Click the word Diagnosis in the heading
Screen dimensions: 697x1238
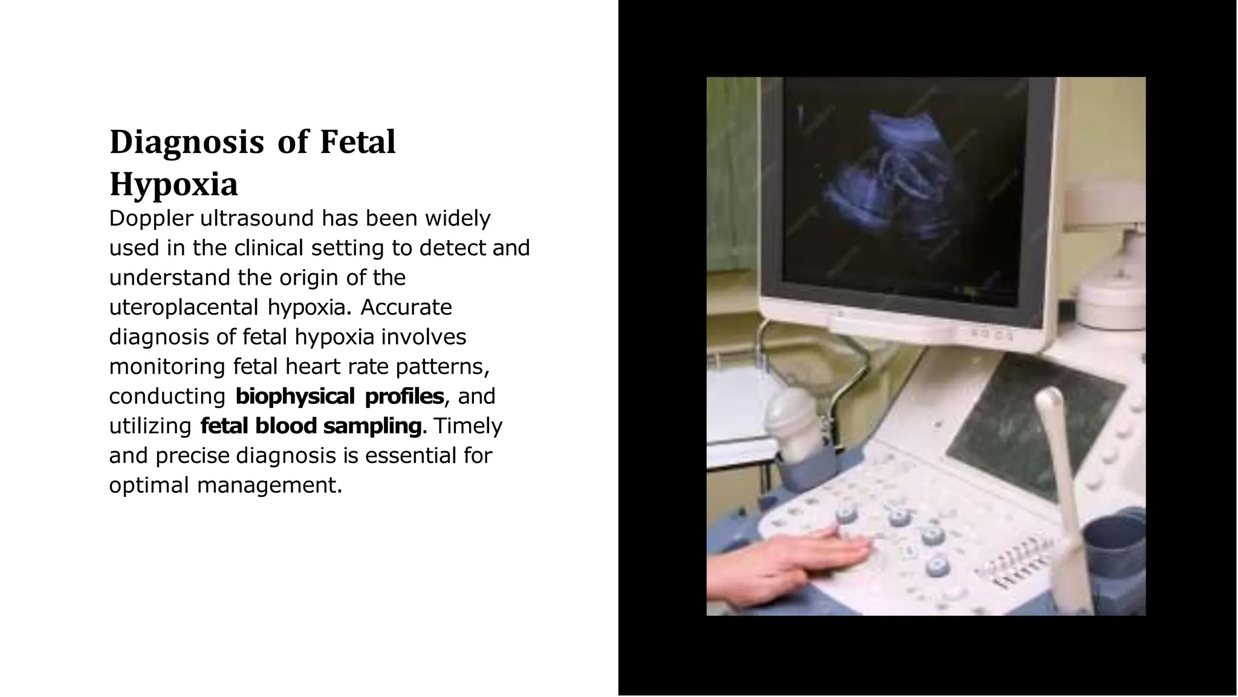[186, 143]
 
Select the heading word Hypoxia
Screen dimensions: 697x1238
[173, 184]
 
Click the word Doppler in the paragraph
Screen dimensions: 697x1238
[151, 219]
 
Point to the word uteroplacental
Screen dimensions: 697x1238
[184, 308]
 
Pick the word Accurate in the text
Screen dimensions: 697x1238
[406, 307]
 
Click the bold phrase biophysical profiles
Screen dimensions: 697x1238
[339, 397]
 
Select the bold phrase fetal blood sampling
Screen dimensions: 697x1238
[311, 426]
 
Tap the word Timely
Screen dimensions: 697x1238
[468, 426]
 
